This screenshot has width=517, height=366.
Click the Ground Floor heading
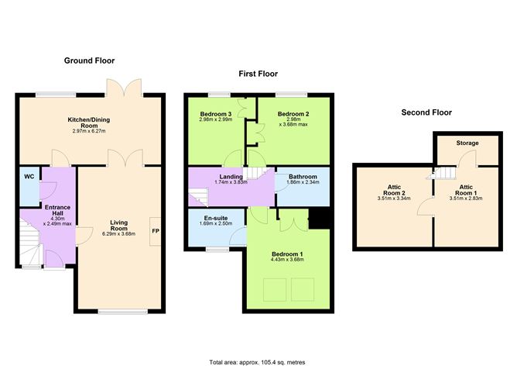91,60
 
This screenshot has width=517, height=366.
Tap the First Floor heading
252,74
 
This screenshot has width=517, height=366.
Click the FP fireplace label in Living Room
155,231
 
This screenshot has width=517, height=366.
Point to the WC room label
29,178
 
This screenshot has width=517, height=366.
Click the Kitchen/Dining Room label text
91,123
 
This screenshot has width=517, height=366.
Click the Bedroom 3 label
215,113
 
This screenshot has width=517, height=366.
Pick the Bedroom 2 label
293,113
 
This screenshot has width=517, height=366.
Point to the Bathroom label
303,176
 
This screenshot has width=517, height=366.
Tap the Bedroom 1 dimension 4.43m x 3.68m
287,260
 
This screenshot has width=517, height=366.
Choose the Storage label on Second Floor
467,143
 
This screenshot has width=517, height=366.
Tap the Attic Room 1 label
465,188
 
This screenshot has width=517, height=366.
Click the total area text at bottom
258,361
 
